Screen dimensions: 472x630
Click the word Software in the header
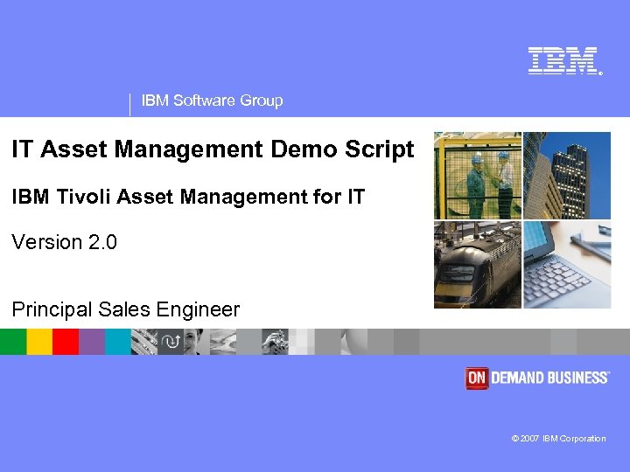[x=205, y=101]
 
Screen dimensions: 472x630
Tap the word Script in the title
[x=379, y=149]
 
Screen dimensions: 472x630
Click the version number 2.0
[x=103, y=242]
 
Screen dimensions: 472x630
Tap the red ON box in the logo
[x=476, y=378]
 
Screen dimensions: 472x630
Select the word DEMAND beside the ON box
[x=519, y=378]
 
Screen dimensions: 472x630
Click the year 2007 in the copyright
[x=529, y=439]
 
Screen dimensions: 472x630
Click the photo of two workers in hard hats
[x=478, y=175]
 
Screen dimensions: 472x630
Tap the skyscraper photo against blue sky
[x=566, y=175]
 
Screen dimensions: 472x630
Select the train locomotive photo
[x=478, y=264]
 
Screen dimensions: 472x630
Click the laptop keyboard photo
[x=566, y=264]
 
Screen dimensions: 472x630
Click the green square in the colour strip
[x=13, y=341]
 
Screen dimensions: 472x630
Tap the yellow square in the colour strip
[x=39, y=341]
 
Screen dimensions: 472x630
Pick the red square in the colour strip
[x=66, y=341]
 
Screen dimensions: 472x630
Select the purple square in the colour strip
[x=92, y=341]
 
